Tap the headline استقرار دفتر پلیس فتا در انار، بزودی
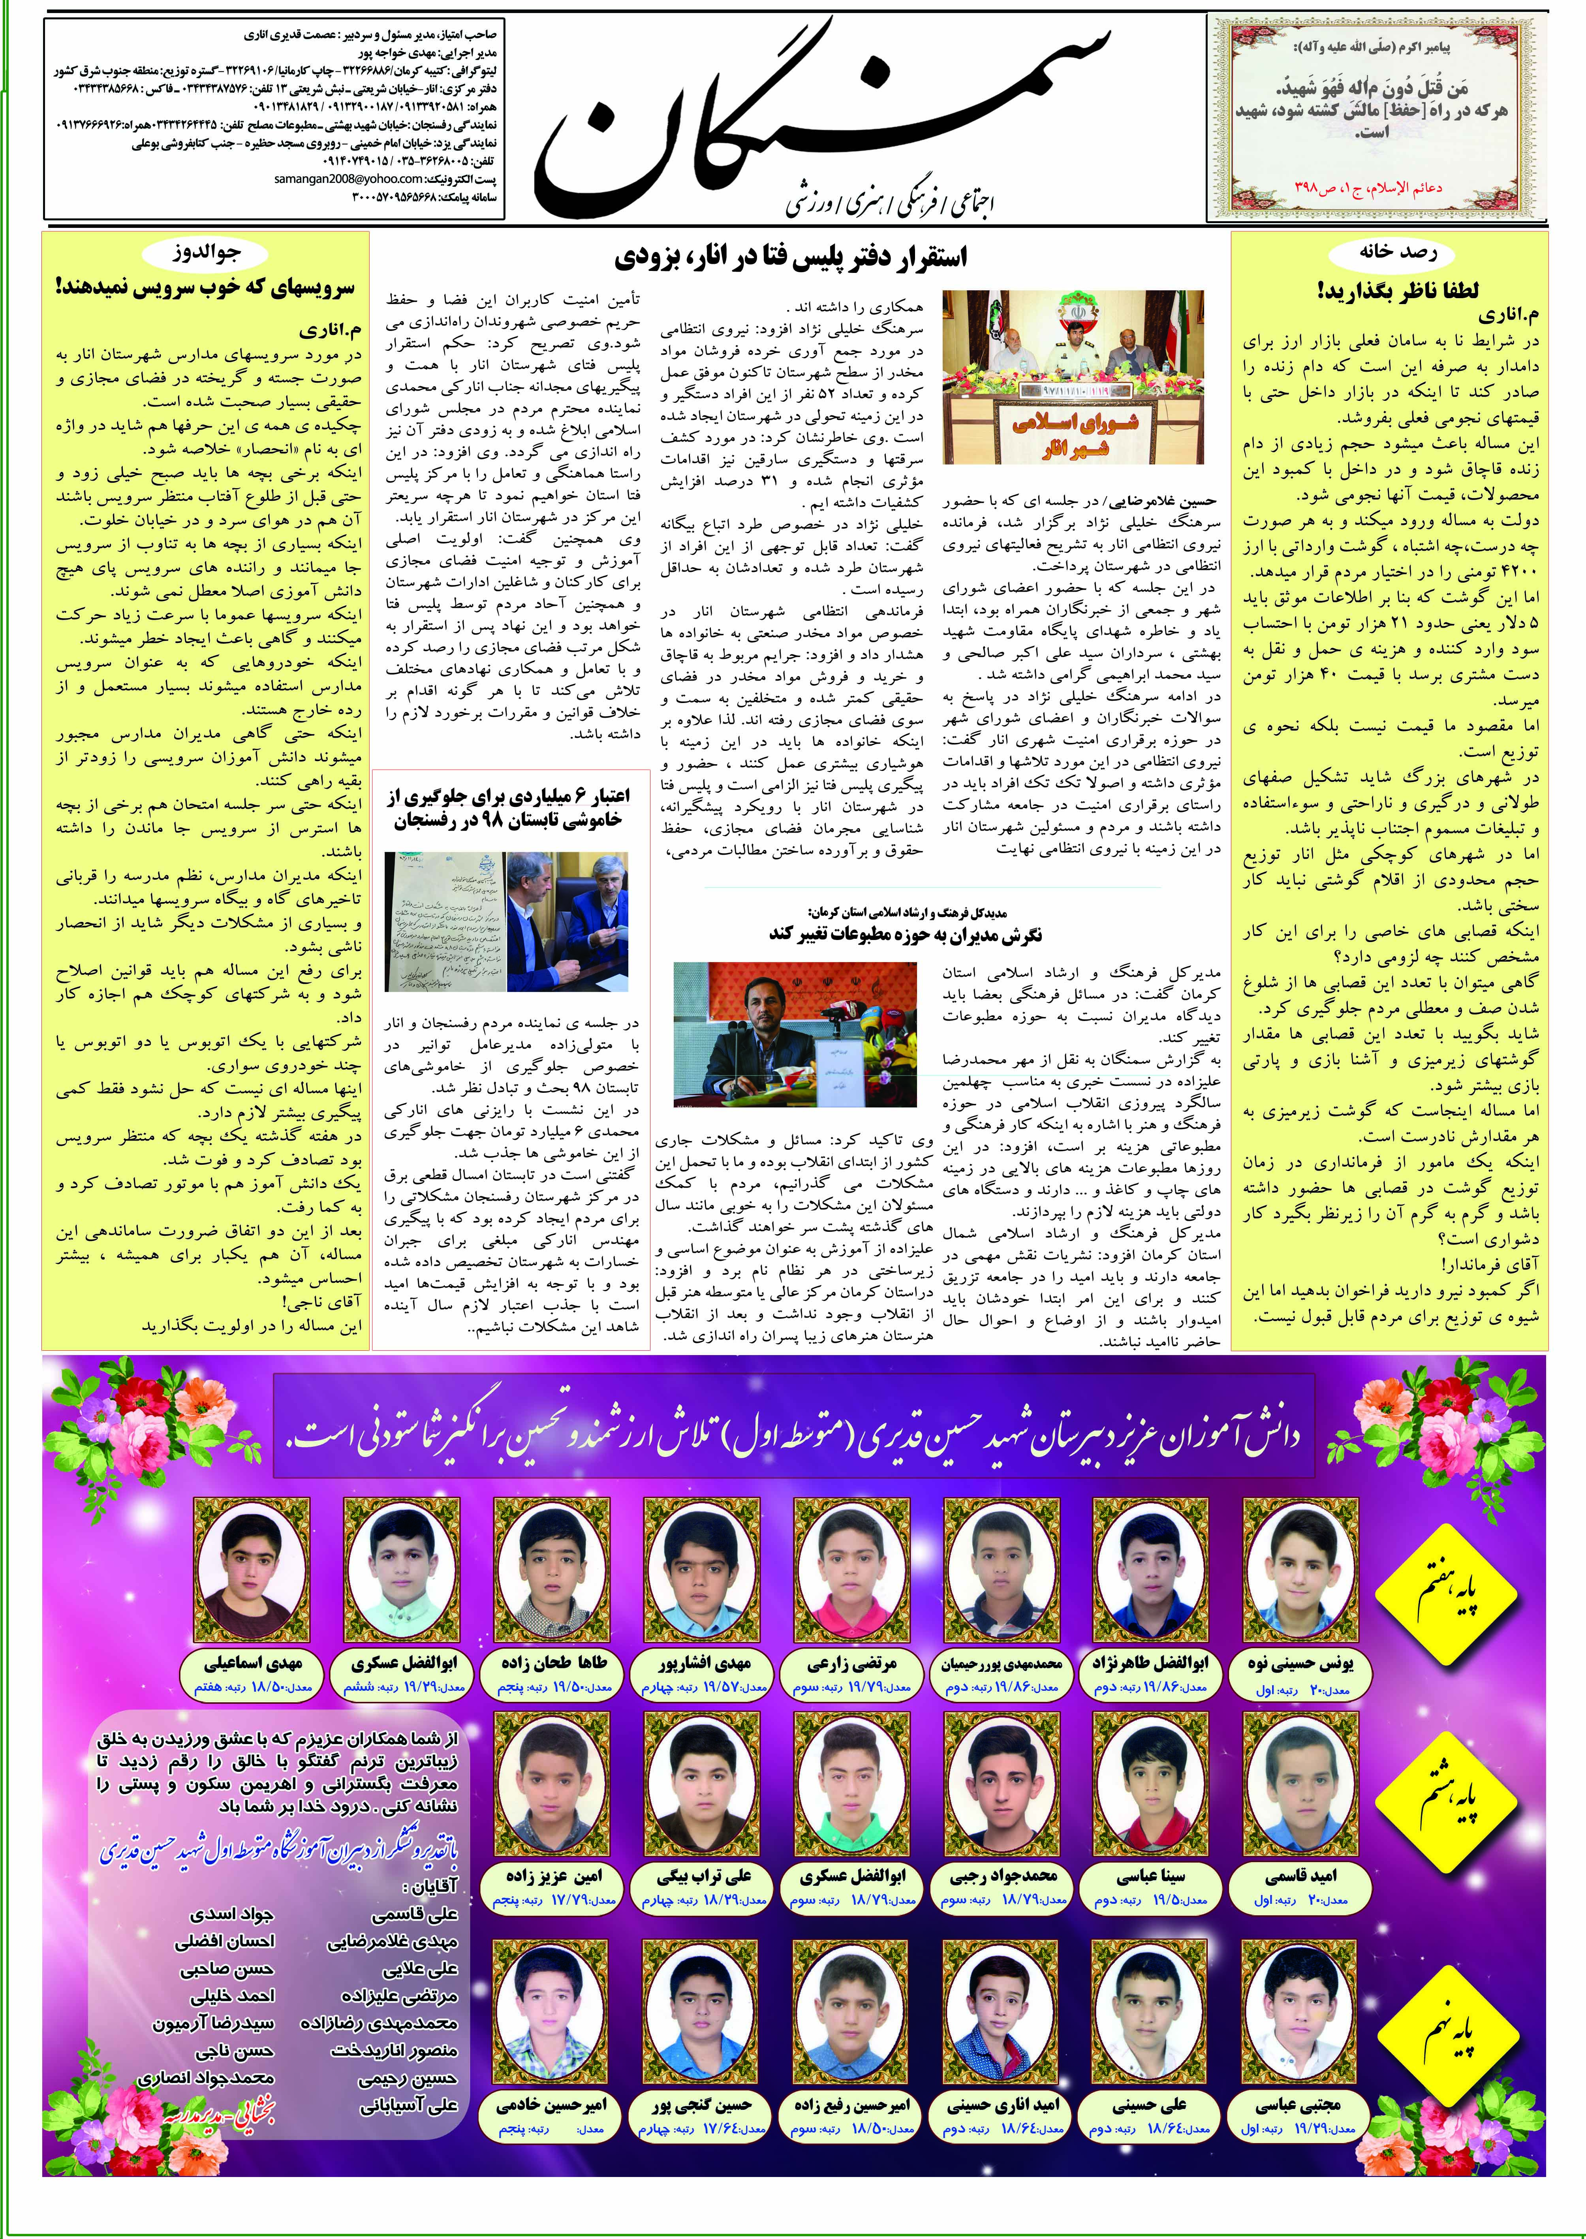(793, 259)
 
